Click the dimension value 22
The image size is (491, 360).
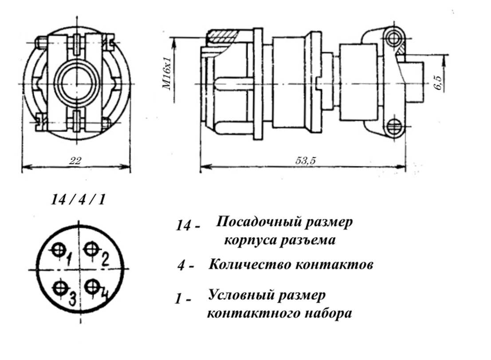(75, 161)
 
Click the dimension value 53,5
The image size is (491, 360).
(305, 161)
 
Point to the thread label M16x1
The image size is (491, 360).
(167, 74)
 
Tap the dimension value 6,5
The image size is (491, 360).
(439, 83)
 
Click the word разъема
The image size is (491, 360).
(309, 241)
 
